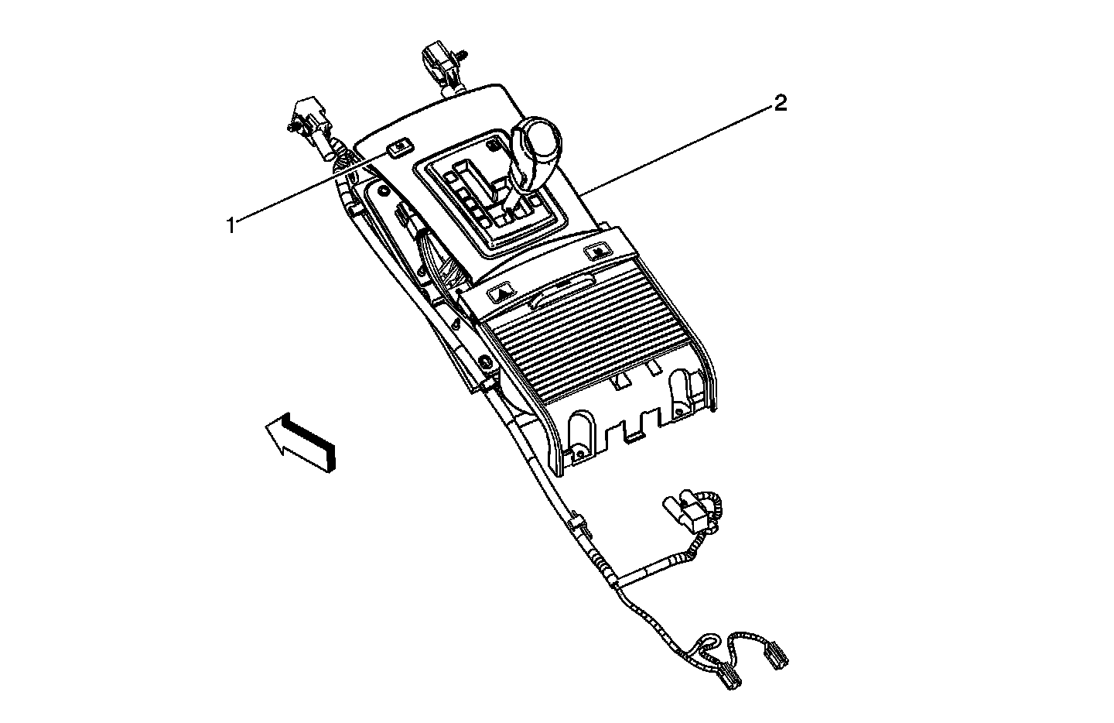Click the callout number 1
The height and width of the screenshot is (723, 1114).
pyautogui.click(x=230, y=225)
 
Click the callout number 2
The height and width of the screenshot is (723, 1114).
pyautogui.click(x=781, y=103)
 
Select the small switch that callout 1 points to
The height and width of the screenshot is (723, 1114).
pyautogui.click(x=399, y=147)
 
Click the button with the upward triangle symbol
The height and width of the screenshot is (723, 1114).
pyautogui.click(x=502, y=293)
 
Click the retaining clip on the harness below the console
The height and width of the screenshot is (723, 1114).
pyautogui.click(x=579, y=525)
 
